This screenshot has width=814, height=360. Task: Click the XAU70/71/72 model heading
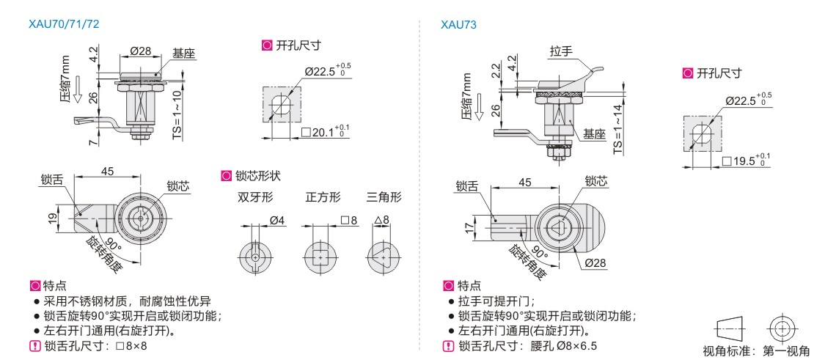point(64,24)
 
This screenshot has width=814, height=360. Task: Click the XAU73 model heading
point(458,24)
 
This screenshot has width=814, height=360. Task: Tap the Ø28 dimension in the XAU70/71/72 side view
point(140,51)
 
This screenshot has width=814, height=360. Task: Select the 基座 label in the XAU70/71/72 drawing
point(183,54)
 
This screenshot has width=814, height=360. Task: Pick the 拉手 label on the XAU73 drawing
point(561,51)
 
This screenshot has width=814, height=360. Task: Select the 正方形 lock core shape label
point(323,197)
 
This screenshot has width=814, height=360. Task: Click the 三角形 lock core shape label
point(385,197)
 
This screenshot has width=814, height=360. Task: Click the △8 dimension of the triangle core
point(381,220)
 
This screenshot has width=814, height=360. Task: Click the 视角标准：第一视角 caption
point(756,350)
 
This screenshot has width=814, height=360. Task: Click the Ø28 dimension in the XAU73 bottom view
point(595,263)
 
